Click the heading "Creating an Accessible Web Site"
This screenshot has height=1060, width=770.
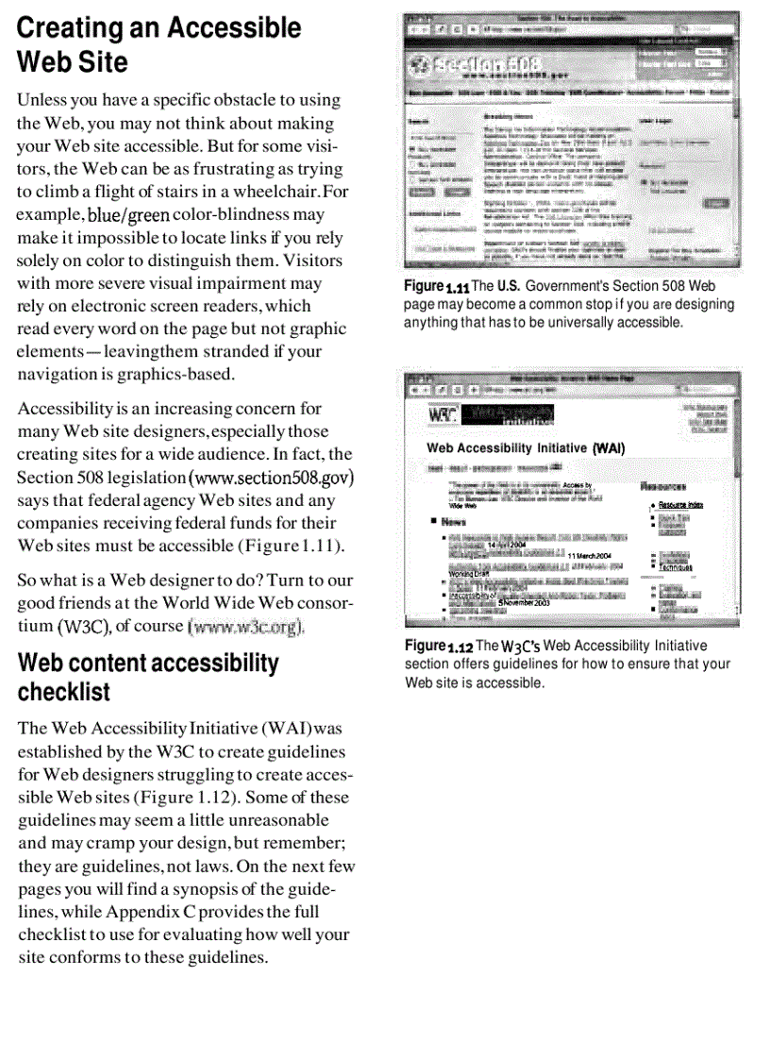[x=159, y=45]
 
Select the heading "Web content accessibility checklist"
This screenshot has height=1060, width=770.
[x=148, y=677]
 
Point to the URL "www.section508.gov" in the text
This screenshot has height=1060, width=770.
[x=276, y=478]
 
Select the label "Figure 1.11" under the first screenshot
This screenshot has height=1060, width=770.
[x=436, y=286]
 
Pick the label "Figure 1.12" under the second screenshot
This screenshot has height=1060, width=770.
[x=437, y=647]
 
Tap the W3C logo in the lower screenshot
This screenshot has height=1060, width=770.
[x=443, y=414]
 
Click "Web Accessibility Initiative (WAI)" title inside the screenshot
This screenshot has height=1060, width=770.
[x=526, y=448]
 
